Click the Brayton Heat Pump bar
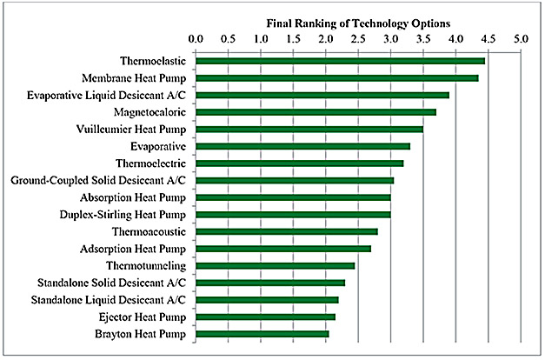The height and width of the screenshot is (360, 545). pyautogui.click(x=263, y=334)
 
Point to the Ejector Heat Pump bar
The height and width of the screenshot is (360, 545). pyautogui.click(x=265, y=317)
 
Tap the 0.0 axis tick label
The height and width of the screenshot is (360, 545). pyautogui.click(x=196, y=39)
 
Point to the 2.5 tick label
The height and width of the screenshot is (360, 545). pyautogui.click(x=358, y=39)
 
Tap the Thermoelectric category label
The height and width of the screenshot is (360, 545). pyautogui.click(x=150, y=163)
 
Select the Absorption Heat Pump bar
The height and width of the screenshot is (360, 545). pyautogui.click(x=293, y=197)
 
